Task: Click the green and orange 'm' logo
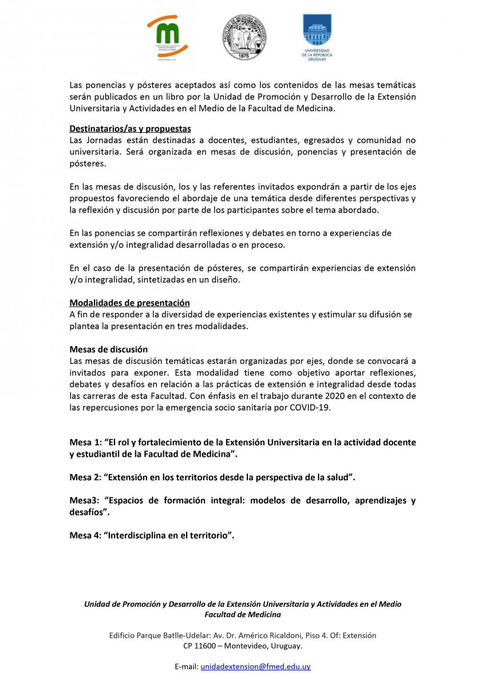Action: [x=167, y=37]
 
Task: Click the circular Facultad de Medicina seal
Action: [x=243, y=38]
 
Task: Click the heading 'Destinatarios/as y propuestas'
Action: [x=130, y=128]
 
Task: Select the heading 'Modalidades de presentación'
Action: [x=129, y=303]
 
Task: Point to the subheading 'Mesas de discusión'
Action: [x=108, y=349]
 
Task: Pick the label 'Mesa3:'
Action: [x=84, y=500]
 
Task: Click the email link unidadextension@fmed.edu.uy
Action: [x=255, y=666]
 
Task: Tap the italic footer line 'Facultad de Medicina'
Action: [x=243, y=614]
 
